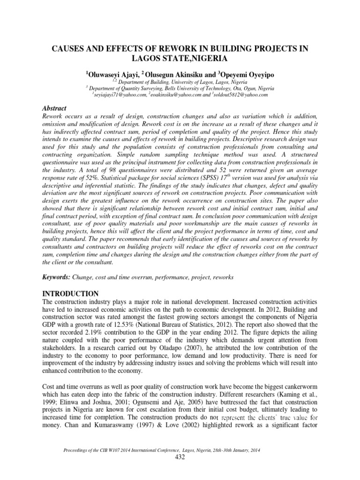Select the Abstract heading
(x=54, y=108)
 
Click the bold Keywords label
(x=56, y=277)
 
